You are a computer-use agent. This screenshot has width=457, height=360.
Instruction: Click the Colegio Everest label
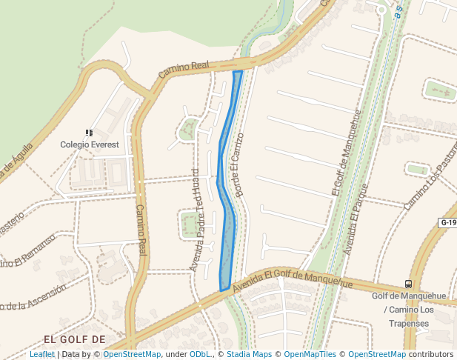[89, 144]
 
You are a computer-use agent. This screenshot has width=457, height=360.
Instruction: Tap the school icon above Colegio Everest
[89, 133]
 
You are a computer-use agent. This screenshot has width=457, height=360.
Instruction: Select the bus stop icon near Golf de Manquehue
[408, 284]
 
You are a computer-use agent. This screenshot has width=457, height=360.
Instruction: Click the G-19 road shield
[448, 222]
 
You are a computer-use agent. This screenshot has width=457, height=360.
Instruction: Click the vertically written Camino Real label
[141, 231]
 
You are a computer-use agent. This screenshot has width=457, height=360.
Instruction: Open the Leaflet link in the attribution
[42, 354]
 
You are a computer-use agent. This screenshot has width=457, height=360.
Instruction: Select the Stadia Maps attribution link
[249, 354]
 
